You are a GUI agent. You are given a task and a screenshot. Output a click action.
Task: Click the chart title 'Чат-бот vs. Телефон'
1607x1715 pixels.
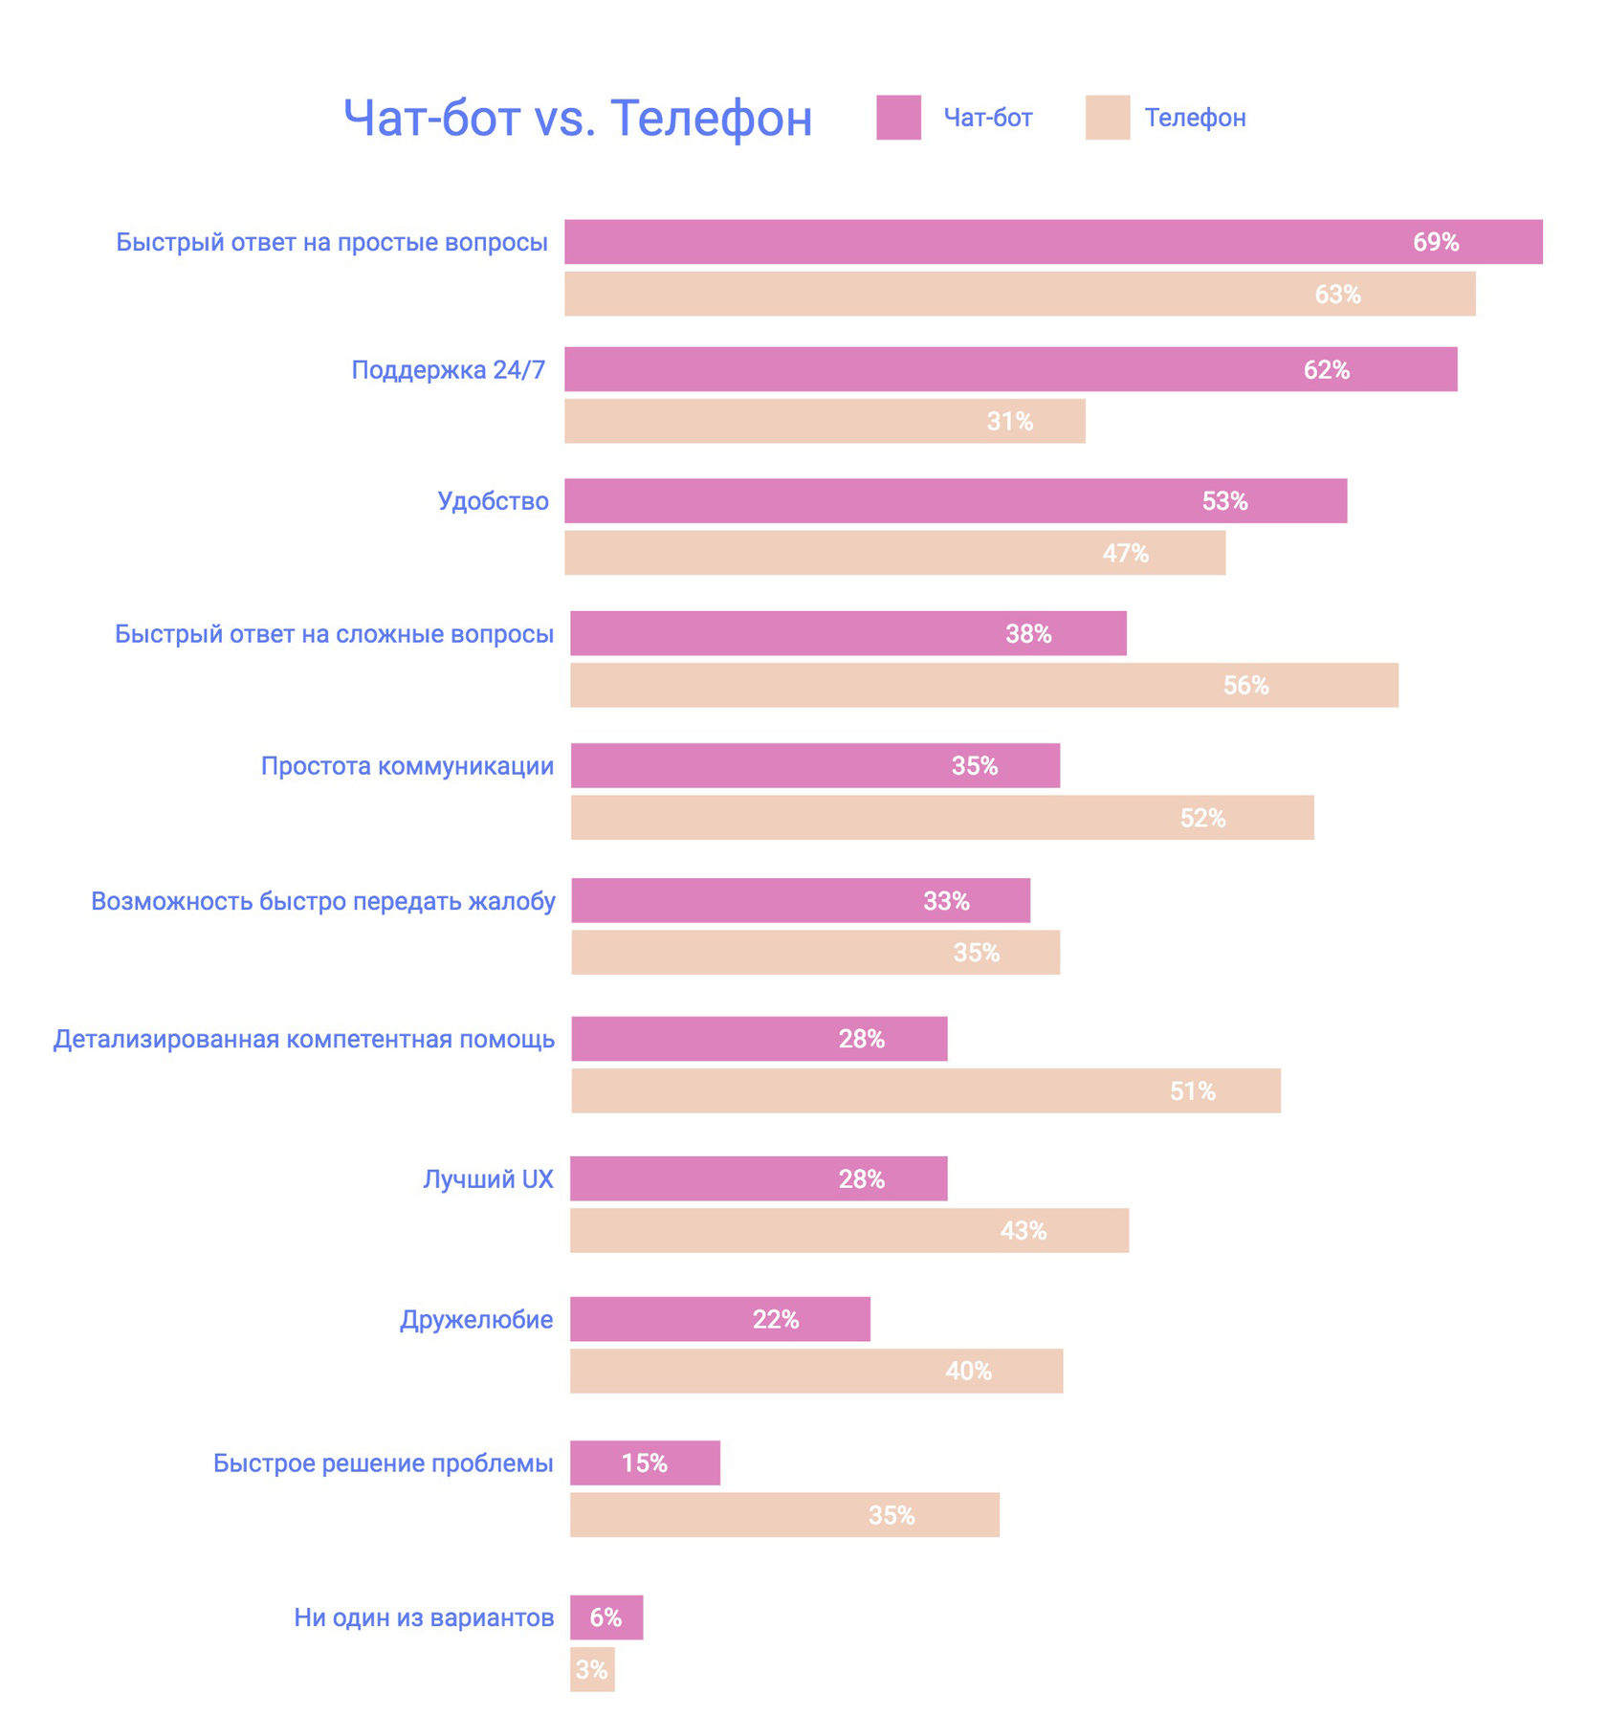pos(578,119)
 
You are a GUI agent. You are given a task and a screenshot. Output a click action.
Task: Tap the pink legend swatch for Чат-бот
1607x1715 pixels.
pos(898,118)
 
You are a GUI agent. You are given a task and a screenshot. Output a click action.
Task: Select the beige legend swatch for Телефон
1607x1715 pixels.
pos(1107,118)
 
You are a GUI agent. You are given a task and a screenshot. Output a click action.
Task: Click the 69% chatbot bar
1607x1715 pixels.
pos(1052,242)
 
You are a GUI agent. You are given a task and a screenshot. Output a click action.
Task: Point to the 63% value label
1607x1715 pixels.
pos(1336,295)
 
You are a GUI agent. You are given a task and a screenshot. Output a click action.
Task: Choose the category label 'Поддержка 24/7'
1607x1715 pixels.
pos(448,370)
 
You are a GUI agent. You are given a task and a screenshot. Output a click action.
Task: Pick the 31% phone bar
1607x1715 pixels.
pos(825,422)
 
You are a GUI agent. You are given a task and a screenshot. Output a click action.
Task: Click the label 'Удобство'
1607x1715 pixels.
pos(493,501)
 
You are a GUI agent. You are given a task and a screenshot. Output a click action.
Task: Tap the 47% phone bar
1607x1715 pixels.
pos(894,553)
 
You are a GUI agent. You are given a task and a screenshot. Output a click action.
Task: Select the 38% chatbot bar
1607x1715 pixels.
pos(848,633)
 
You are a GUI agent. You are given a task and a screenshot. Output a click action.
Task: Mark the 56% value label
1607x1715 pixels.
pos(1245,686)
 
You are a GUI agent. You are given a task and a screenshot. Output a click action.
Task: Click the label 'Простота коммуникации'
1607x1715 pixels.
pos(407,766)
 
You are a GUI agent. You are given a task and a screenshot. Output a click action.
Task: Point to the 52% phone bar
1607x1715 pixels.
pos(942,818)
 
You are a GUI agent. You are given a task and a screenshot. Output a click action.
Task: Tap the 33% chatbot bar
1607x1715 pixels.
pos(801,901)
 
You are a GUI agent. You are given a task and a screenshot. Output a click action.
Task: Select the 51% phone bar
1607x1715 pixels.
pos(926,1091)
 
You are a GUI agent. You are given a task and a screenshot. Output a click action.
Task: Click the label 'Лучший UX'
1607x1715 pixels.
pos(488,1179)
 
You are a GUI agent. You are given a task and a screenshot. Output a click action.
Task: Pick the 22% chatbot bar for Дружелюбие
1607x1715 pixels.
pos(720,1320)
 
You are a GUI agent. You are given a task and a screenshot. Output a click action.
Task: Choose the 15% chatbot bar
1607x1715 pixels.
pos(645,1463)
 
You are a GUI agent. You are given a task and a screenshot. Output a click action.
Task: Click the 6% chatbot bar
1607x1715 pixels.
pos(606,1617)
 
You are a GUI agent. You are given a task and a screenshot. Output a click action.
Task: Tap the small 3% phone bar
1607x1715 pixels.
pos(592,1670)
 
